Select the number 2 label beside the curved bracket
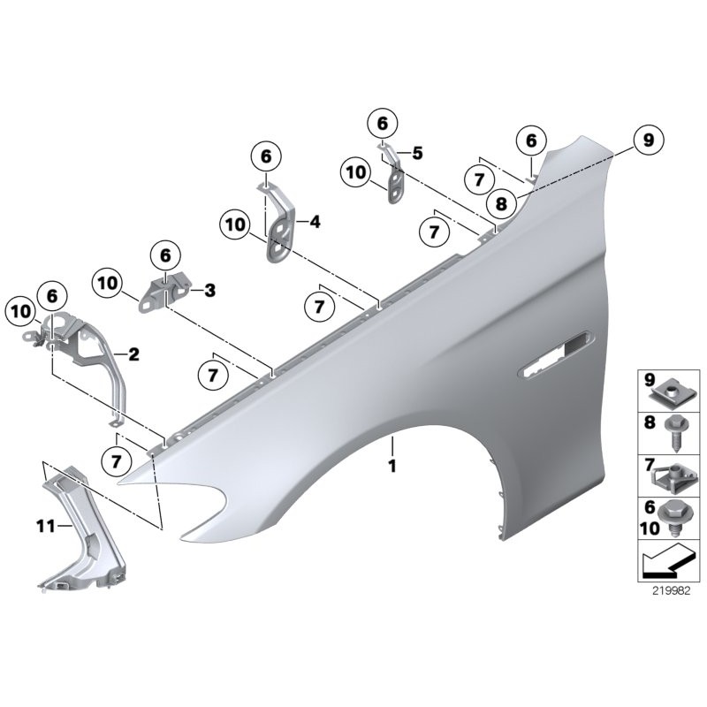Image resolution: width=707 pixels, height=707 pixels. [x=134, y=355]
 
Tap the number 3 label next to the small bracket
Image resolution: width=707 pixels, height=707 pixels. [x=209, y=289]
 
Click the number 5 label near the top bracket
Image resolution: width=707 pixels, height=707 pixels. [x=416, y=153]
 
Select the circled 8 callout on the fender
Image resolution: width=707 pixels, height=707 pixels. [x=501, y=203]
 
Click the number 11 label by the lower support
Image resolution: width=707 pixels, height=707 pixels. [x=45, y=527]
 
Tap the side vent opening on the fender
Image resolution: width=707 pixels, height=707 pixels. [x=559, y=352]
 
